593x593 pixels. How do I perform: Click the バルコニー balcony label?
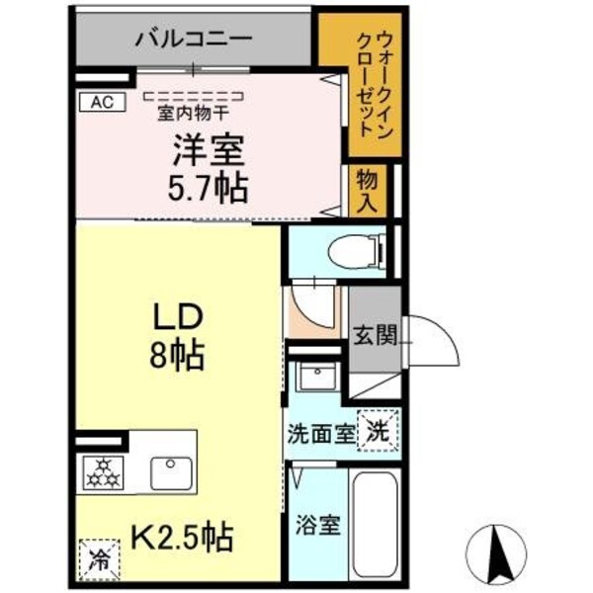tap(193, 40)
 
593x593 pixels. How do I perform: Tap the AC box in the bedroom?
tap(100, 101)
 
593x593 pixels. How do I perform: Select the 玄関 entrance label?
tap(375, 334)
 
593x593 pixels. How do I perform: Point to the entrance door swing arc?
tap(431, 341)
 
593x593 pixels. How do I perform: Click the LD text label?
tap(176, 318)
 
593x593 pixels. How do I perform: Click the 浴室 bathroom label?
tap(318, 523)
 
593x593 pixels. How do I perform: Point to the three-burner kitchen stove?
tap(102, 471)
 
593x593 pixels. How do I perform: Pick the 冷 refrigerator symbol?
tap(101, 556)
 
